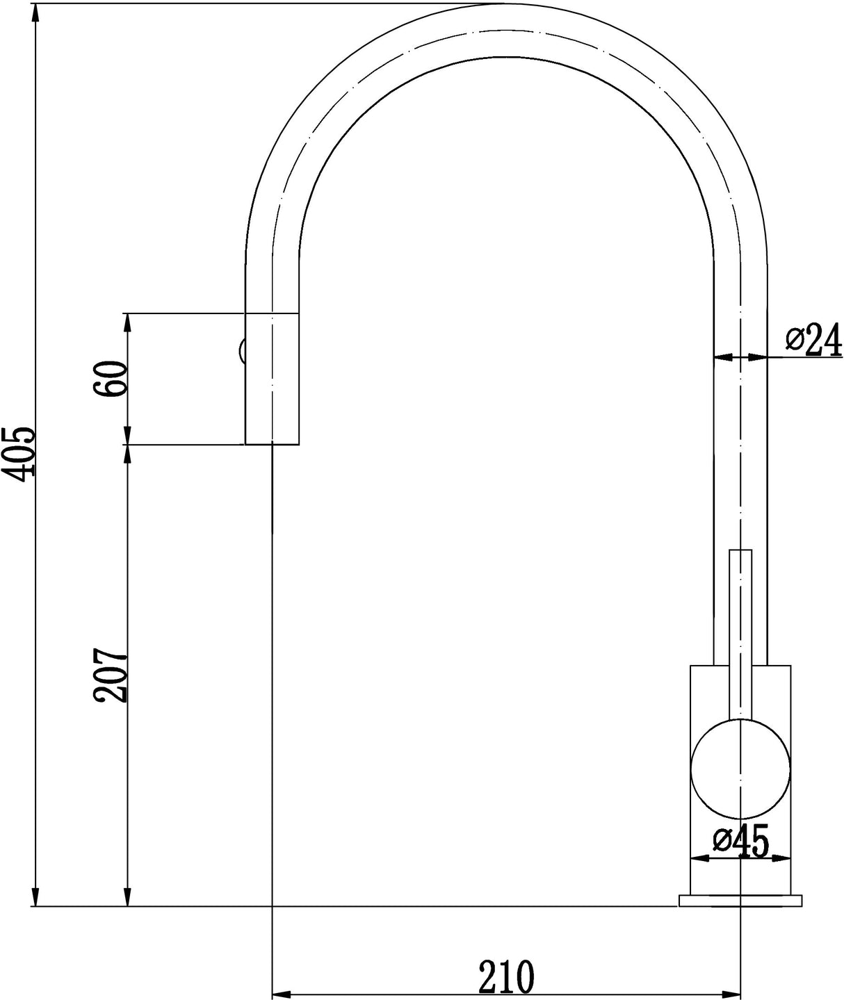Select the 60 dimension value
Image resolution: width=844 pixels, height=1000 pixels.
click(111, 379)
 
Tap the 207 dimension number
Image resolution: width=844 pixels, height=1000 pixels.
click(111, 676)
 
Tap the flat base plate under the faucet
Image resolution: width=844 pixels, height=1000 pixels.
click(741, 901)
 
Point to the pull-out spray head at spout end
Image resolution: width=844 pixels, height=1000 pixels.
click(272, 379)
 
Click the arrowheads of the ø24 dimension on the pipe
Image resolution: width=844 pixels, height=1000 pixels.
click(741, 357)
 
